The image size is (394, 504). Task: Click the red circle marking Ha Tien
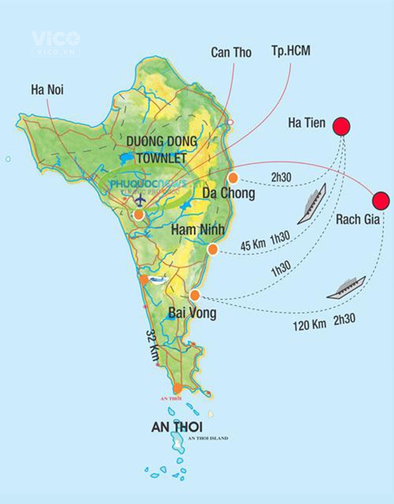click(341, 127)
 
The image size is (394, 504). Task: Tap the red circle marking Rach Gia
click(380, 200)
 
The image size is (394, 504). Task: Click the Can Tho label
click(231, 53)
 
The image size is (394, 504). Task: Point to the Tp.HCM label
click(290, 52)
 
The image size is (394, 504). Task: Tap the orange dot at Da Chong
click(233, 178)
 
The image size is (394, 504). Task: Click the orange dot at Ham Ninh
click(212, 249)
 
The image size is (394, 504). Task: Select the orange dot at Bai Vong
click(195, 295)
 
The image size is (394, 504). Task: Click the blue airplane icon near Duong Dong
click(139, 200)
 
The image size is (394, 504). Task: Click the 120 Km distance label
click(309, 325)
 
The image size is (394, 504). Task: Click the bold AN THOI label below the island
click(177, 427)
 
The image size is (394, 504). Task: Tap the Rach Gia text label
click(357, 219)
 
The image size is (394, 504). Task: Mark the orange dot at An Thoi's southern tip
click(178, 388)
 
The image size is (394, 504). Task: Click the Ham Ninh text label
click(197, 229)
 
